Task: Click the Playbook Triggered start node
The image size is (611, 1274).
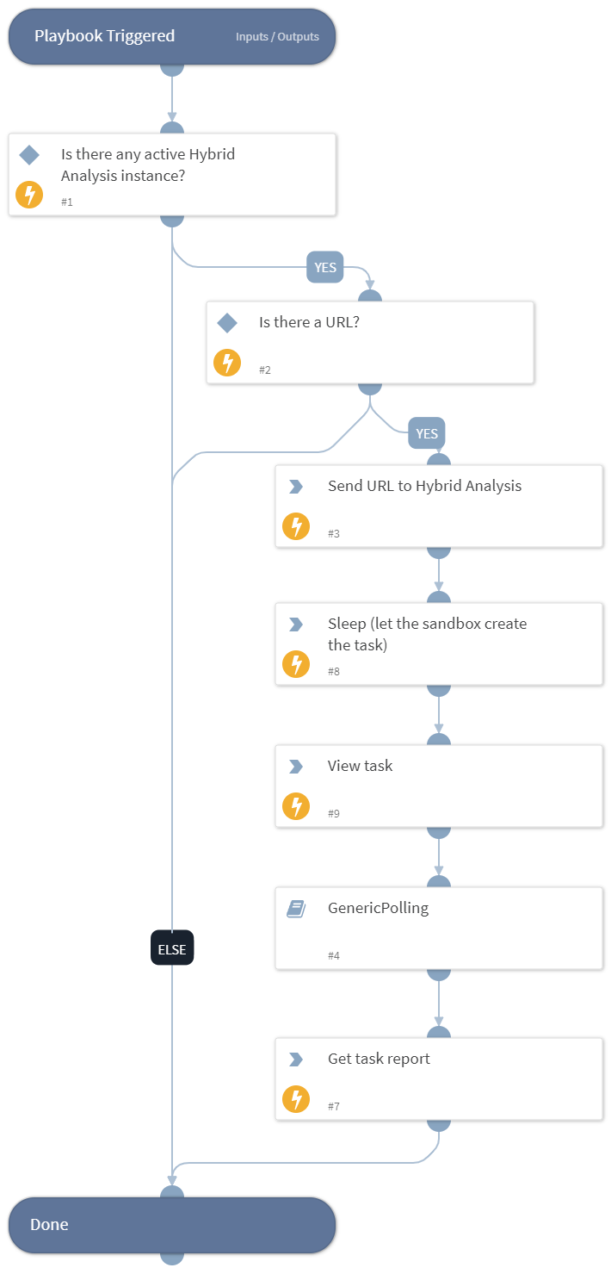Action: coord(104,36)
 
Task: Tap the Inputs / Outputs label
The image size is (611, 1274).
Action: coord(277,37)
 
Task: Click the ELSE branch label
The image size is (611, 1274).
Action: coord(172,948)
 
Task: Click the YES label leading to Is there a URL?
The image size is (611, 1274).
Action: coord(325,267)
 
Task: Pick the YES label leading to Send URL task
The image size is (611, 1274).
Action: coord(427,433)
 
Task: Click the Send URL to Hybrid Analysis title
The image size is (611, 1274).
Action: coord(424,486)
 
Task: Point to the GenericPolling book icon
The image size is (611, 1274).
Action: coord(296,909)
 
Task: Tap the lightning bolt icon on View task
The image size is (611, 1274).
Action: coord(296,806)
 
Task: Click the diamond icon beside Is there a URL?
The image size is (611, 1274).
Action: coord(227,323)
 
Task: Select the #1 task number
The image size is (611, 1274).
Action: coord(67,202)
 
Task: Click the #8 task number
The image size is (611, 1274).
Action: coord(334,671)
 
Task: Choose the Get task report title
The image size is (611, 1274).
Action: coord(379,1059)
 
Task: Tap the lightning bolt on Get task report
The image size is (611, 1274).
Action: coord(296,1099)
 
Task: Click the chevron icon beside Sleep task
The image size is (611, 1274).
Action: coord(296,625)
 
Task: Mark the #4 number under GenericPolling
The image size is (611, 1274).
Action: coord(334,956)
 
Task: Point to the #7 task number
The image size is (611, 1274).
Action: coord(334,1106)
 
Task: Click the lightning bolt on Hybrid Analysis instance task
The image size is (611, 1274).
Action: coord(29,195)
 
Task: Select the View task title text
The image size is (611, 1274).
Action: coord(360,766)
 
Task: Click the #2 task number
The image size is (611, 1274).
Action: coord(265,370)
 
